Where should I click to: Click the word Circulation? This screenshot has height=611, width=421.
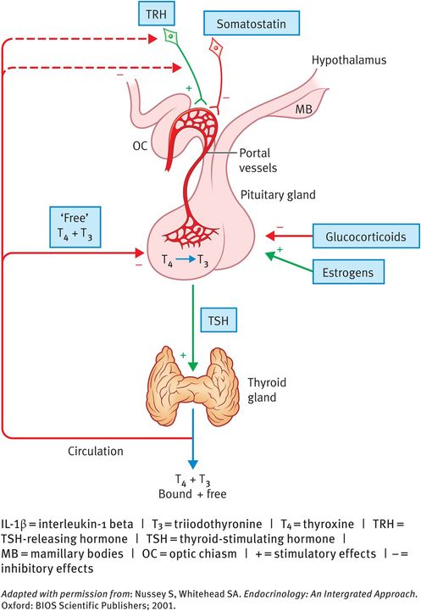tap(96, 450)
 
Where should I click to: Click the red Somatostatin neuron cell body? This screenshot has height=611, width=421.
tap(216, 48)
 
